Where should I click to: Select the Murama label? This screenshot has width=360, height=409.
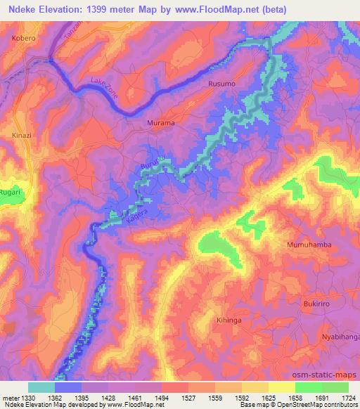160,123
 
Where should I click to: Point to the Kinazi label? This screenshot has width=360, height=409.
21,134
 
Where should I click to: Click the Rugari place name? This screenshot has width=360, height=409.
11,192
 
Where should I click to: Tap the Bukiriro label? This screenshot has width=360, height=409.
316,304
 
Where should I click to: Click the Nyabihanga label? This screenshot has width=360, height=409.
341,337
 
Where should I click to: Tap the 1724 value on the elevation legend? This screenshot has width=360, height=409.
347,397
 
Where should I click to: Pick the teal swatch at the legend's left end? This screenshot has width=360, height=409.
41,387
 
